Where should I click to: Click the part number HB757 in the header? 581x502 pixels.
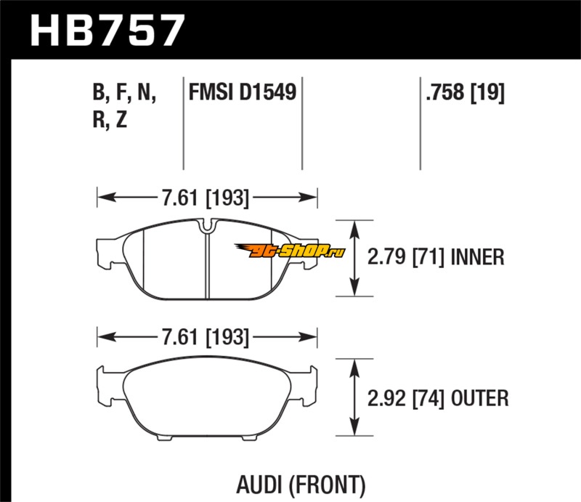point(107,31)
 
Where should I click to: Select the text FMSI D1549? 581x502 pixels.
point(242,92)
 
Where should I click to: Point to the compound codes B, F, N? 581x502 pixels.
point(124,92)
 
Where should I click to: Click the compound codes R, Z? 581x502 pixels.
point(110,120)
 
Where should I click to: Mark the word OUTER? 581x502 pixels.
point(479,397)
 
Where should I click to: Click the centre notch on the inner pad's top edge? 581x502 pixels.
point(207,227)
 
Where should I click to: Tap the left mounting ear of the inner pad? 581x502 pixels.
point(107,251)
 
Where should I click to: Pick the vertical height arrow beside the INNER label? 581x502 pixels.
point(354,258)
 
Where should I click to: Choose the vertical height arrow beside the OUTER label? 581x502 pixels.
point(354,397)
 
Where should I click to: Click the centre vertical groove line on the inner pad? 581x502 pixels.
point(208,265)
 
